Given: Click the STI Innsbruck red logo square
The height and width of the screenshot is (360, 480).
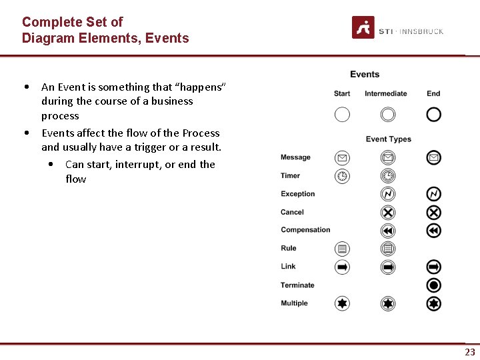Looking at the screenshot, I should [363, 27].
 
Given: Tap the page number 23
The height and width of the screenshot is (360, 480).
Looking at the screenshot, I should [470, 352].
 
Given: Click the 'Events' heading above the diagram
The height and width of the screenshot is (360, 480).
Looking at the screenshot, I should [365, 75].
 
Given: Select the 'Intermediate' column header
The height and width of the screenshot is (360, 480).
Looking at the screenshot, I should [386, 94].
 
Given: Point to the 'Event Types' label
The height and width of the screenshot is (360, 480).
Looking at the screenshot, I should [389, 139].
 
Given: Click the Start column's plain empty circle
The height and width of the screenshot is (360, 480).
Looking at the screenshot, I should [342, 115].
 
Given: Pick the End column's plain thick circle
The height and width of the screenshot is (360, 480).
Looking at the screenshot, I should [433, 115].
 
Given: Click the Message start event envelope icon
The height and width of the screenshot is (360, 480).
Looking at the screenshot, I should [342, 158].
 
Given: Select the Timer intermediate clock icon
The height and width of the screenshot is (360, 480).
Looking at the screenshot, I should [388, 176].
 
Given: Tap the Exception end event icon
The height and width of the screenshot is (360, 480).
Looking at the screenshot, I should [433, 194].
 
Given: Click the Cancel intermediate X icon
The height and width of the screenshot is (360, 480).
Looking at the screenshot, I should [388, 213].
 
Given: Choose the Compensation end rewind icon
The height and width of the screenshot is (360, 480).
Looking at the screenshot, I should [433, 231].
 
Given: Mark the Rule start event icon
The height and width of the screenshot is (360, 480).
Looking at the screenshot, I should [342, 249].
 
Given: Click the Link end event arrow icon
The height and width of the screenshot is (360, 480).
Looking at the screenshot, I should [433, 267].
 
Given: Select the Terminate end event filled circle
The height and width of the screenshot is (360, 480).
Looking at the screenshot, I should [433, 285].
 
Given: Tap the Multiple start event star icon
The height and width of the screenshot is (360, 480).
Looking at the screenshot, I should [342, 303].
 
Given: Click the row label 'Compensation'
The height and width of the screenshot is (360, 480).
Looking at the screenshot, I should [305, 230].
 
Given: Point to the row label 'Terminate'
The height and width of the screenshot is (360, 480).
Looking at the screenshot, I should [297, 285].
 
